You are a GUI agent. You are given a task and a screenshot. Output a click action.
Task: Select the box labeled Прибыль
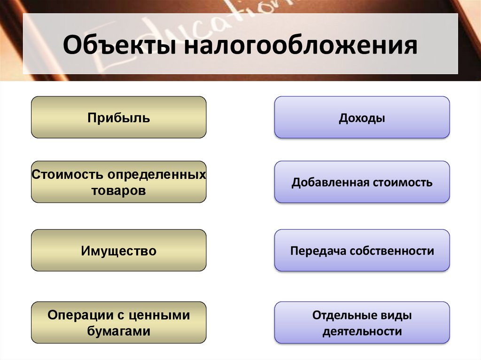(x=118, y=117)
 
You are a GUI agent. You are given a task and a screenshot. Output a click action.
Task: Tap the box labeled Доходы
(x=362, y=118)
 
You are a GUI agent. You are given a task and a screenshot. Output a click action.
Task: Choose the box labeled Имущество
(x=118, y=251)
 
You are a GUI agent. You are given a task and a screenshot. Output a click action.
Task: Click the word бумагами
(x=118, y=331)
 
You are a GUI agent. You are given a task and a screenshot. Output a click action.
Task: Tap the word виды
(x=396, y=315)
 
